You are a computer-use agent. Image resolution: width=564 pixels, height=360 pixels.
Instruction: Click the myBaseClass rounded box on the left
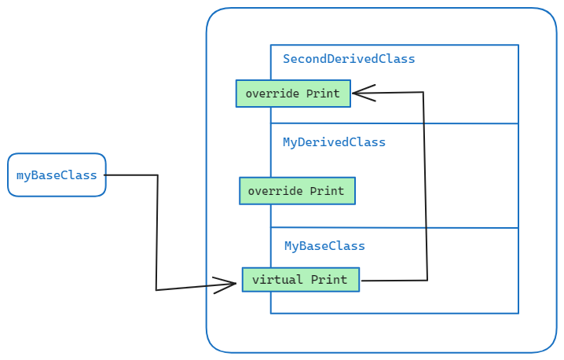coord(57,174)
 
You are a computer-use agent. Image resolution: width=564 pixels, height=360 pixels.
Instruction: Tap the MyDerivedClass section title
coord(334,142)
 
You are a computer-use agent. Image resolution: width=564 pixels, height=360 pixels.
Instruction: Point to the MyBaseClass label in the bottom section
coord(324,246)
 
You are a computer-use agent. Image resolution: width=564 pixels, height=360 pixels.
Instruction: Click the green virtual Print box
coord(300,280)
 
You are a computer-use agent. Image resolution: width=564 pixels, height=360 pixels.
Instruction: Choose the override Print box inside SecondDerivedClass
coord(293,94)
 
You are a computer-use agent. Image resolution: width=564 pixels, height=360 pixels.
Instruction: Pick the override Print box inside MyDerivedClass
coord(297,191)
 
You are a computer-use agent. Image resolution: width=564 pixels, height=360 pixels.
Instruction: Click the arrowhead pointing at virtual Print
coord(226,285)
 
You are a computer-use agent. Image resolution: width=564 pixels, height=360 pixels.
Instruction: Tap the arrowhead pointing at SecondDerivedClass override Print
coord(362,94)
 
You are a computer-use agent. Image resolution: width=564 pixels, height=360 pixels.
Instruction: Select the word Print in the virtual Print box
coord(328,280)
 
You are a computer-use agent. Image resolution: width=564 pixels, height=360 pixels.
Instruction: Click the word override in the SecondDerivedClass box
coord(272,94)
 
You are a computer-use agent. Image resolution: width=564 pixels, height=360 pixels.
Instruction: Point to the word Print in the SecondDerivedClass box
coord(323,94)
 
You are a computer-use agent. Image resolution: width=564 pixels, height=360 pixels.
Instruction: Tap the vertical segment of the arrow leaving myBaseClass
coord(157,233)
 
